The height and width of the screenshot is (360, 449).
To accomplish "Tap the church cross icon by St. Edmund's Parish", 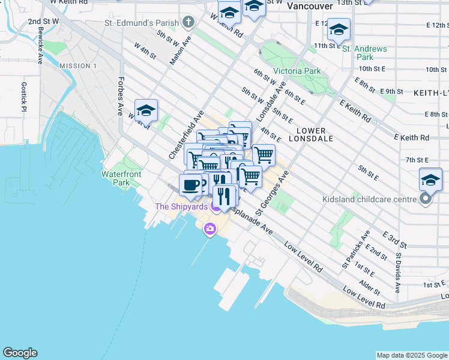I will pyautogui.click(x=189, y=23).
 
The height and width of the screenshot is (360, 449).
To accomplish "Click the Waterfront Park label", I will pyautogui.click(x=116, y=178).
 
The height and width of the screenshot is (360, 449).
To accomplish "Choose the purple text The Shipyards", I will pyautogui.click(x=181, y=206).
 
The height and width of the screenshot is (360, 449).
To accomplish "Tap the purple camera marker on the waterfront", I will pyautogui.click(x=209, y=228).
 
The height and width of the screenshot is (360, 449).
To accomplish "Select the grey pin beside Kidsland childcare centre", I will pyautogui.click(x=426, y=198).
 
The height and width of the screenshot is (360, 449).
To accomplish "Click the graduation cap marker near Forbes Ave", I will pyautogui.click(x=146, y=111).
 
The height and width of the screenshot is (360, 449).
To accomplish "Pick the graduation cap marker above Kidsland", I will pyautogui.click(x=430, y=179).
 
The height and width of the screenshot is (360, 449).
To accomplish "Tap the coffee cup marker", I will pyautogui.click(x=191, y=185).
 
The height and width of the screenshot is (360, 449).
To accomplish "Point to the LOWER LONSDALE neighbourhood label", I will pyautogui.click(x=311, y=134).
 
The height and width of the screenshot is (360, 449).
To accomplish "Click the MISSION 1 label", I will pyautogui.click(x=78, y=65).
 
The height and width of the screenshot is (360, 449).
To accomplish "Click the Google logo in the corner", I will pyautogui.click(x=20, y=353).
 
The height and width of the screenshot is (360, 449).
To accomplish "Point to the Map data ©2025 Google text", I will pyautogui.click(x=411, y=355).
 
